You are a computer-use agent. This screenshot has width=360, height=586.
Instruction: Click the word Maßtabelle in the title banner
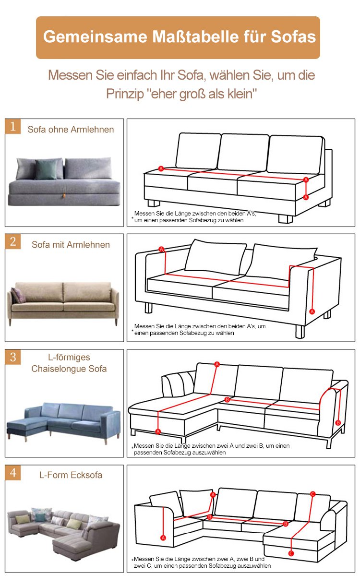[x=195, y=36]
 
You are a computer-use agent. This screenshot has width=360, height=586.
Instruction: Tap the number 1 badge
[x=13, y=126]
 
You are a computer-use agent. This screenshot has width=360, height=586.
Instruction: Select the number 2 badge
[x=13, y=241]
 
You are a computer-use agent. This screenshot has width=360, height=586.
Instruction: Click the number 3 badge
[x=13, y=357]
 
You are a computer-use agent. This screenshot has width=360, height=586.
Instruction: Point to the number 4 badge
[x=13, y=472]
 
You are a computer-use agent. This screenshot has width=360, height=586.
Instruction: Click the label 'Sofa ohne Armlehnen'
[x=71, y=130]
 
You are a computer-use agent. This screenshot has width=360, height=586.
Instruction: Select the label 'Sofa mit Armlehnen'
[x=71, y=245]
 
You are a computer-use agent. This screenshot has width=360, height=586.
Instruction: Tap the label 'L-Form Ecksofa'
[x=71, y=475]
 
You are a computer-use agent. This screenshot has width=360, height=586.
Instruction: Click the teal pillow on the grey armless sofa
[x=46, y=169]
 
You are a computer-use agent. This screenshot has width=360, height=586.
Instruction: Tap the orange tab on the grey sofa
[x=64, y=196]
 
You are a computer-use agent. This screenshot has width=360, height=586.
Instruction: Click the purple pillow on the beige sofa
[x=18, y=295]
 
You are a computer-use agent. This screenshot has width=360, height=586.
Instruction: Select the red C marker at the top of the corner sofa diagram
[x=312, y=494]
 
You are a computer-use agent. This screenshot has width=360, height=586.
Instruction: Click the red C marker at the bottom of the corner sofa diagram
[x=291, y=553]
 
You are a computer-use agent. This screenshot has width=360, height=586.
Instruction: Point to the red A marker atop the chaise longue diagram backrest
[x=217, y=364]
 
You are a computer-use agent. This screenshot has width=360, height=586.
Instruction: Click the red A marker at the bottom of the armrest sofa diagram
[x=312, y=311]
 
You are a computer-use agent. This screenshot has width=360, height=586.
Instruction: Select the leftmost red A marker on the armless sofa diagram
[x=161, y=169]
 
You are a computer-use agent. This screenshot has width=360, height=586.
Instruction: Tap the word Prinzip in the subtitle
[x=125, y=94]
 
